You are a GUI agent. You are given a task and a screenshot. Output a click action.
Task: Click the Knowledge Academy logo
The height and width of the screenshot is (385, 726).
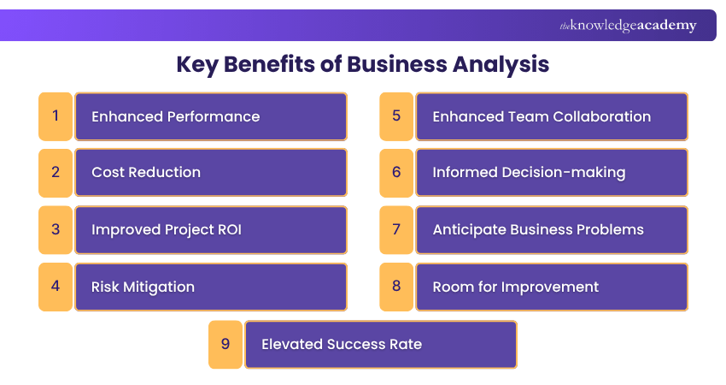click(x=628, y=26)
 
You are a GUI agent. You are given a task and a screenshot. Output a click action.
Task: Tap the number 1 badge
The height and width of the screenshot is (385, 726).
click(x=56, y=115)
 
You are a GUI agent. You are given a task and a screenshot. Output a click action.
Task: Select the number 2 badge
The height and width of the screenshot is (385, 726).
click(x=56, y=172)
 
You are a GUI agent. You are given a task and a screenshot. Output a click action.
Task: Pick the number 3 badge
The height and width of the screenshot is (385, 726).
click(x=56, y=229)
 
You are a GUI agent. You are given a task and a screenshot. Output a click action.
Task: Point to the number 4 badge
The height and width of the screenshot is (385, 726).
click(x=56, y=287)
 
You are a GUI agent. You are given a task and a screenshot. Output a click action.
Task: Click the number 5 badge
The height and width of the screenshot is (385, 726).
click(x=396, y=115)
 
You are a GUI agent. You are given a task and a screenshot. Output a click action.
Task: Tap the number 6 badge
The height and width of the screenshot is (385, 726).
click(x=396, y=172)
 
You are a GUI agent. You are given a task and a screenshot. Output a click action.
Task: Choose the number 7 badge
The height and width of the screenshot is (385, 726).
click(x=396, y=229)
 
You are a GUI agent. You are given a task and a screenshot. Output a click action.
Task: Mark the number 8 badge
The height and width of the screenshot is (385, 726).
click(x=396, y=287)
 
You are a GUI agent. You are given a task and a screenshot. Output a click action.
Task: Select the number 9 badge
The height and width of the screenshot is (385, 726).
click(x=225, y=344)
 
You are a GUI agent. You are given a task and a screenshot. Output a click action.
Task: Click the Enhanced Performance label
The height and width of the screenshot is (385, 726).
click(x=176, y=116)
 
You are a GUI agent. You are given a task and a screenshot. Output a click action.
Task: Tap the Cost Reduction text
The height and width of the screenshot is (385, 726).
click(x=146, y=172)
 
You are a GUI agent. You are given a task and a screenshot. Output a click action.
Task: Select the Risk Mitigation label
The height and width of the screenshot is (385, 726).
click(x=143, y=287)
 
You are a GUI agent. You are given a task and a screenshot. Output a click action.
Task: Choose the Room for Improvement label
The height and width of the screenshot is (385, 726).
click(x=516, y=287)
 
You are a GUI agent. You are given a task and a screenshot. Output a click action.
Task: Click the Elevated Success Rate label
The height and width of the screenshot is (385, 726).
click(x=342, y=344)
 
